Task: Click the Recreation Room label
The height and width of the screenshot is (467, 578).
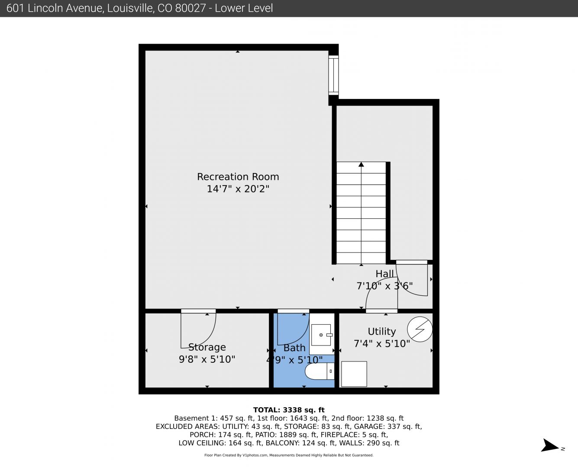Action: point(238,177)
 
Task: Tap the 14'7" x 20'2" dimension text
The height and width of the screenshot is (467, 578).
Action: point(238,189)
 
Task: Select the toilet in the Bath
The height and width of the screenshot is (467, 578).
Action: point(320,371)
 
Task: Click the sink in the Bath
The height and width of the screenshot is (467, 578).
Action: point(322,335)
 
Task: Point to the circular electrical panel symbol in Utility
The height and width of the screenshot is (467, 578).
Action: point(420,329)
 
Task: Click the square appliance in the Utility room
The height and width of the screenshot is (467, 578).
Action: point(354,374)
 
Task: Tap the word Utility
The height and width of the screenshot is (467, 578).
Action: point(381,332)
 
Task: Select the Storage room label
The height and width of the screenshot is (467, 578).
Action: point(207,347)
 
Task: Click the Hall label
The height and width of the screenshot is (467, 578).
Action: point(384,274)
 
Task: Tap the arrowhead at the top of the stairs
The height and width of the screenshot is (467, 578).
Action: point(361,164)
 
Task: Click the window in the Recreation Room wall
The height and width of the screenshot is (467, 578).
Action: point(333,75)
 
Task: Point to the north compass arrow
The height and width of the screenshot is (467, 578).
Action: point(550,445)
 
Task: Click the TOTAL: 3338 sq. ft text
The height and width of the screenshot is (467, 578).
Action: point(289,410)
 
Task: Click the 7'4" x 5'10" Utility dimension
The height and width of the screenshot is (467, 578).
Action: point(381,344)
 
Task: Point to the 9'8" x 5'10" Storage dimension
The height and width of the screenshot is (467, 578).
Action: point(207,359)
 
